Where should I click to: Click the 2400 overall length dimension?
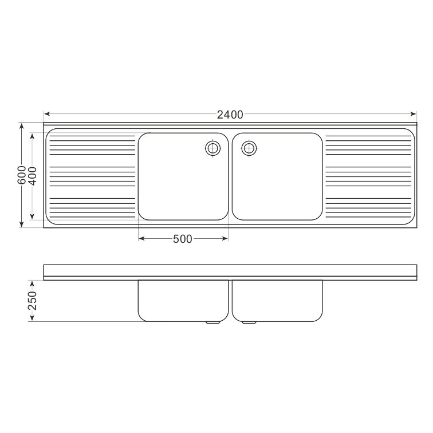point(230,115)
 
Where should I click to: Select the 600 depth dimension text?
point(22,175)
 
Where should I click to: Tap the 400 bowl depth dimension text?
point(32,176)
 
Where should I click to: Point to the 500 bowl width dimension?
point(183,239)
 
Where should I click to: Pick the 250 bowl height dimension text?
point(32,301)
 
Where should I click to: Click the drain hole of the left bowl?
point(213,148)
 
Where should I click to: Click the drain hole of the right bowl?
point(249,148)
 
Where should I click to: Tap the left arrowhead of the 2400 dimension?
point(46,114)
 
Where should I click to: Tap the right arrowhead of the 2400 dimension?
point(414,114)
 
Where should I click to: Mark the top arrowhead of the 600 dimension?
point(22,126)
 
